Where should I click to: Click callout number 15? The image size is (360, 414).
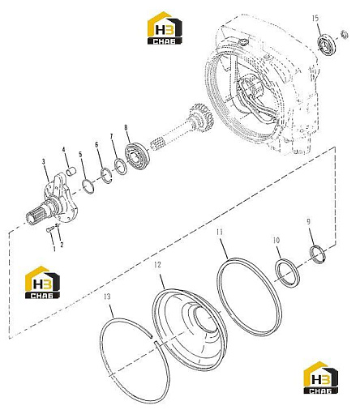point(315,19)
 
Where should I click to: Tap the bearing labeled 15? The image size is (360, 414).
point(327,44)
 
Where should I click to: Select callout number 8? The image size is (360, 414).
point(126,127)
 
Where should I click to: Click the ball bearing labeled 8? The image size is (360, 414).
point(137,156)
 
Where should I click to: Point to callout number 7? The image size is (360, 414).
point(113,136)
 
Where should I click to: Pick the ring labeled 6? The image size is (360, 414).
point(106,175)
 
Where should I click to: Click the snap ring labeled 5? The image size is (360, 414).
point(88,187)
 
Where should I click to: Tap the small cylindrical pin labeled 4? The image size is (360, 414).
point(71,172)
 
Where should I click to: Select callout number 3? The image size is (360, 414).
point(44,162)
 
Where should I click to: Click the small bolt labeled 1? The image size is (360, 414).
point(49,230)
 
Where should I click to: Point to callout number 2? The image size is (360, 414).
point(62,245)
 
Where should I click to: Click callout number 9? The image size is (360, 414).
point(308,222)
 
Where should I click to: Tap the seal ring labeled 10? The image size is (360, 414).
point(287,273)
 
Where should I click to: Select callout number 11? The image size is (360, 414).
point(220,233)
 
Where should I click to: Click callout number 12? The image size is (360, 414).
point(157,265)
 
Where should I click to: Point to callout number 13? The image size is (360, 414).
point(107,297)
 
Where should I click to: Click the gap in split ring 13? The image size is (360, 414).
point(153,339)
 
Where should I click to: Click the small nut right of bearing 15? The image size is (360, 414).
point(345,35)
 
